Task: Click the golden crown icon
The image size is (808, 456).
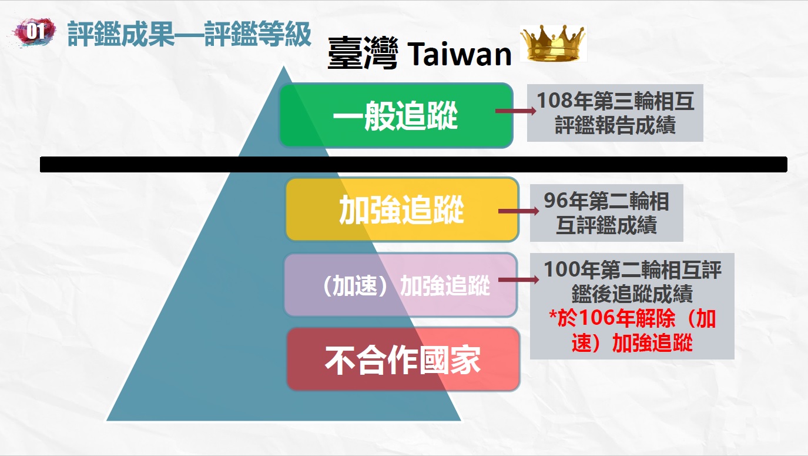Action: (553, 43)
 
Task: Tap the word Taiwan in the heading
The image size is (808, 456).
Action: (459, 55)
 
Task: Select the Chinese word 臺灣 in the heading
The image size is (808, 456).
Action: (363, 53)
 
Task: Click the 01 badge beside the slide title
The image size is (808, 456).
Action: (35, 32)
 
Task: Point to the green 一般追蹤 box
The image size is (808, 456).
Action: (396, 115)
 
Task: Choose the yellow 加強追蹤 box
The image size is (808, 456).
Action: (402, 209)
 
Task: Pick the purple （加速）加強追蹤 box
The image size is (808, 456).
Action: (401, 285)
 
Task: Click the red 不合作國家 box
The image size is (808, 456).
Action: (403, 360)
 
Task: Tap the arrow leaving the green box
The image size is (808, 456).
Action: (516, 111)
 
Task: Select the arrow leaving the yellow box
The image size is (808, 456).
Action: (519, 211)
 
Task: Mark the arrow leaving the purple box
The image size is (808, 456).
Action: (519, 279)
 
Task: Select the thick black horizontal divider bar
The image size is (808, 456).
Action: (413, 164)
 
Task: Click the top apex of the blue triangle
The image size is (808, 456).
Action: (283, 66)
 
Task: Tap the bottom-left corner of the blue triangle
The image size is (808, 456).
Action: (107, 420)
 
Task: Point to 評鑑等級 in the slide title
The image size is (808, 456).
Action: (257, 34)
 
